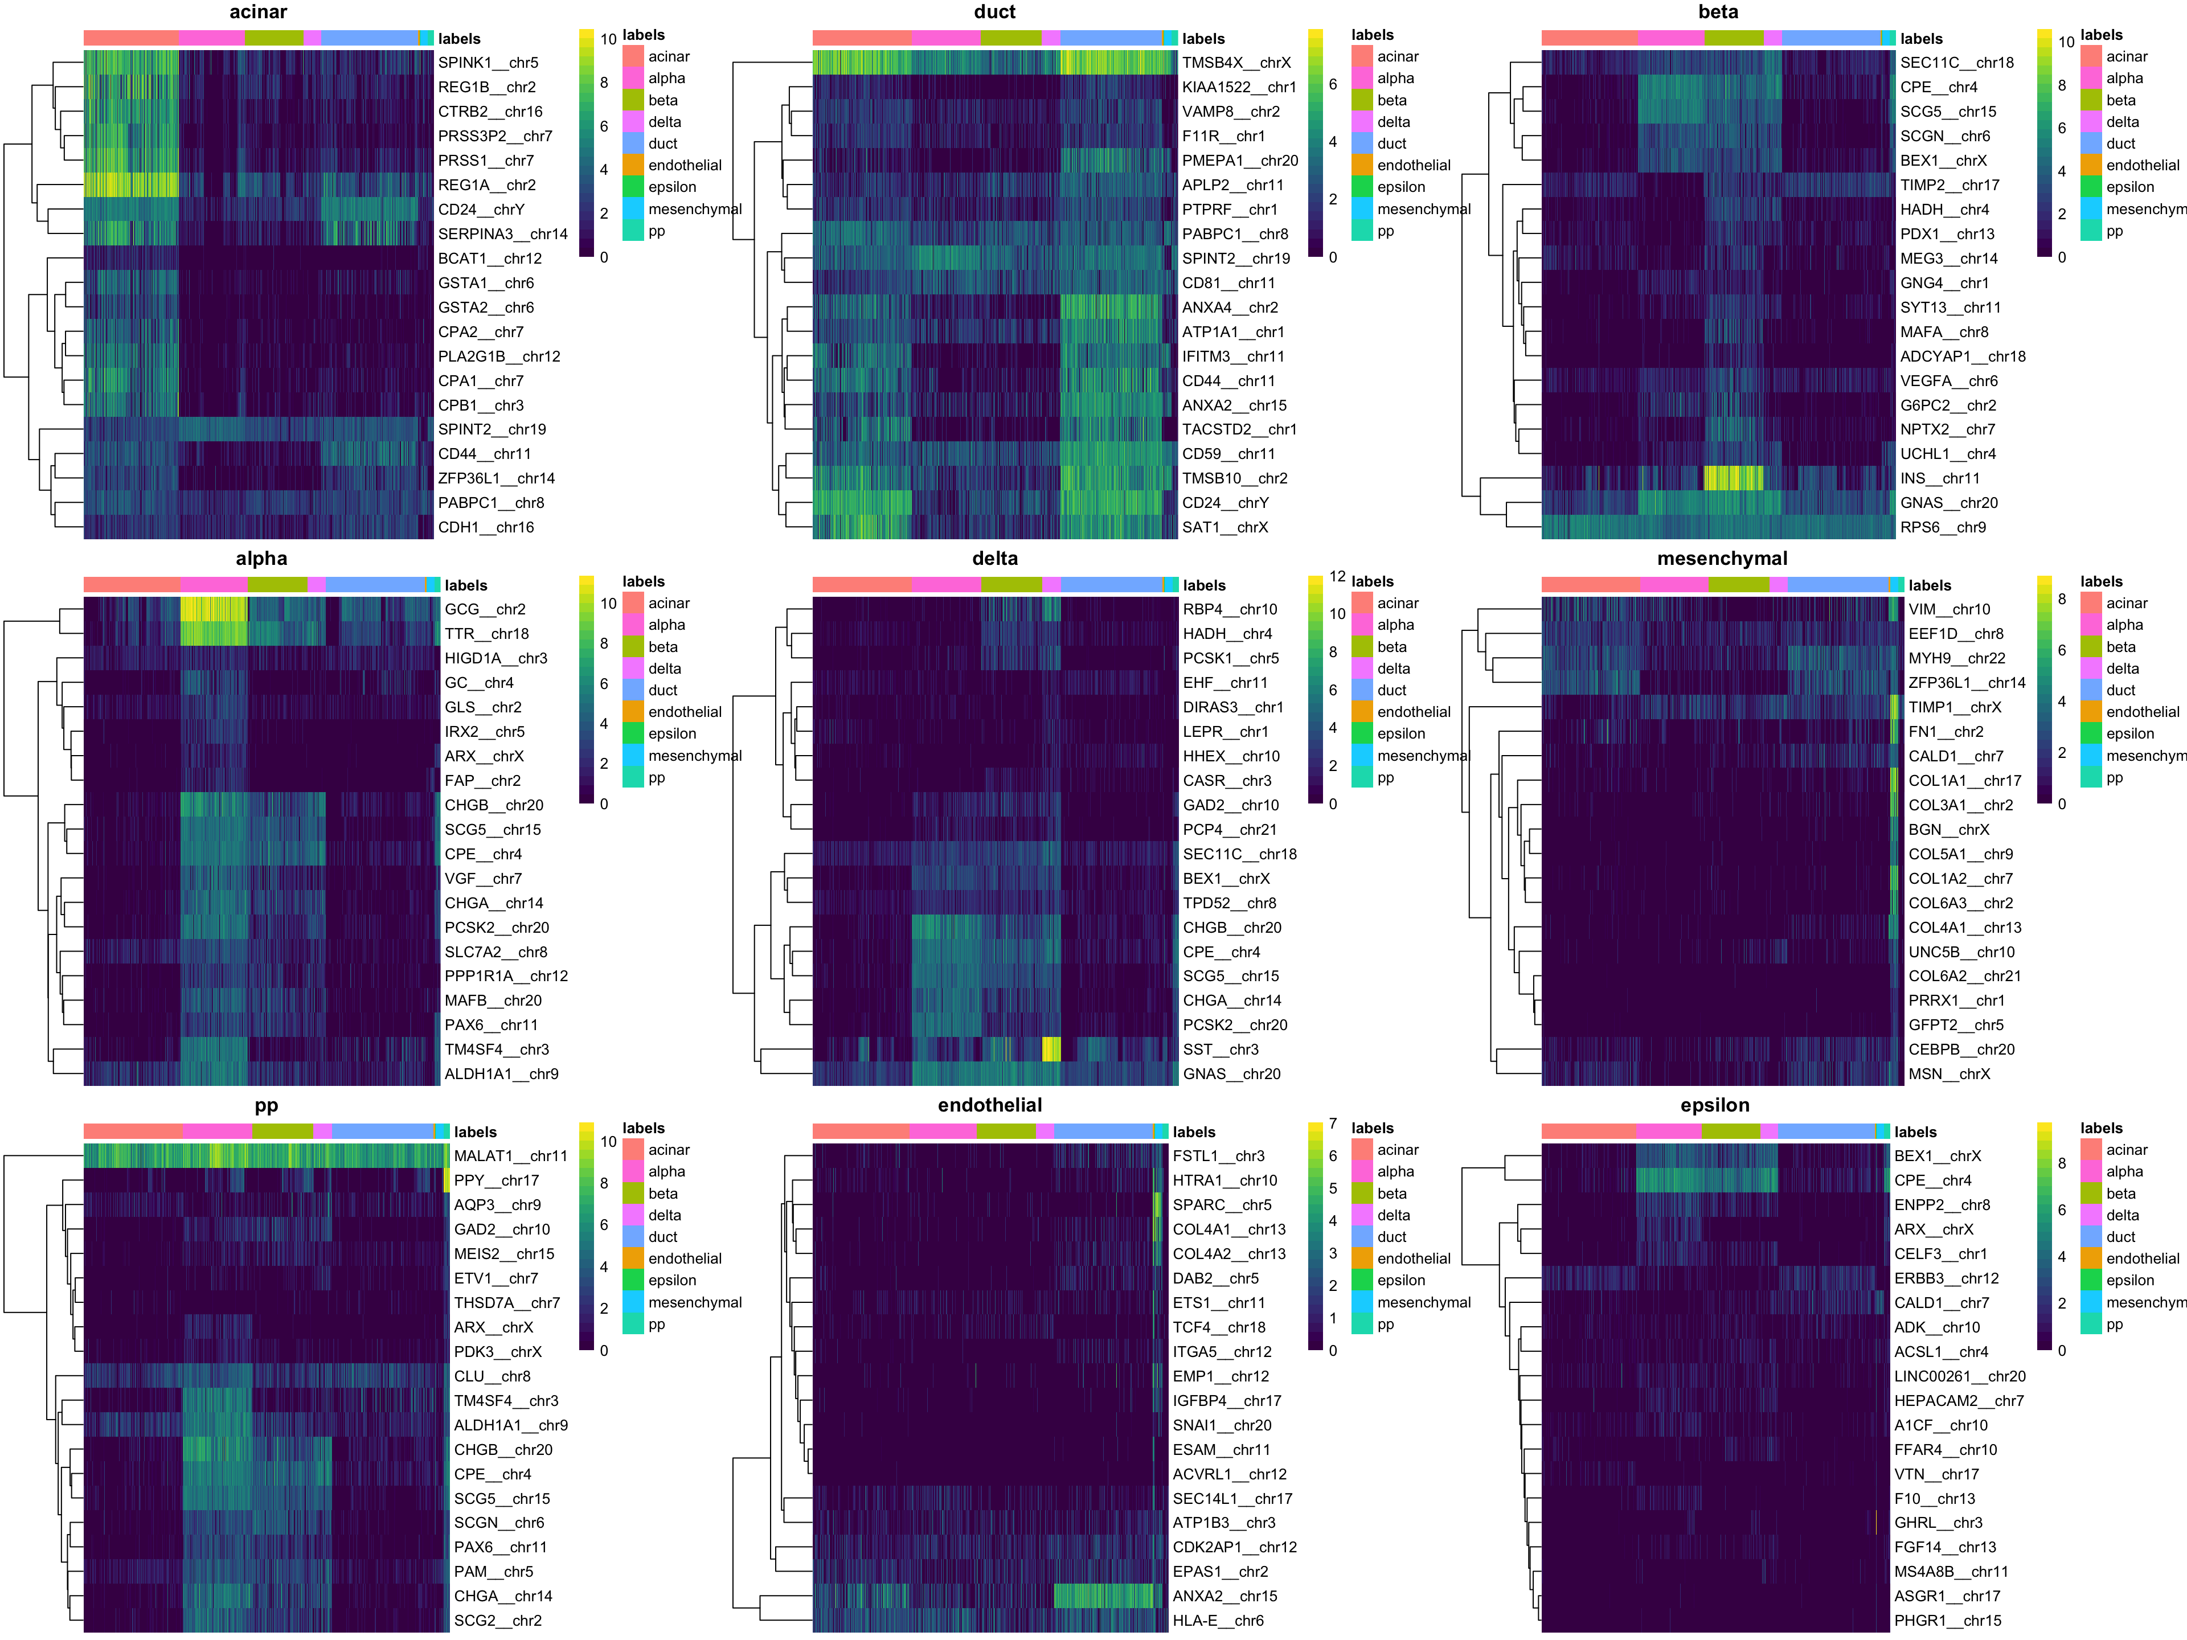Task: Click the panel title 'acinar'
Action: (x=258, y=12)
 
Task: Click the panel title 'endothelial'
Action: (x=990, y=1105)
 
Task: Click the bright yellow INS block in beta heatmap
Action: (x=1733, y=478)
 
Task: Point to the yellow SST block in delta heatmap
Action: (x=1051, y=1050)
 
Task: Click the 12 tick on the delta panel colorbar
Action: (x=1337, y=576)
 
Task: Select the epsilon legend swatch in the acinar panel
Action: (x=633, y=187)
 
